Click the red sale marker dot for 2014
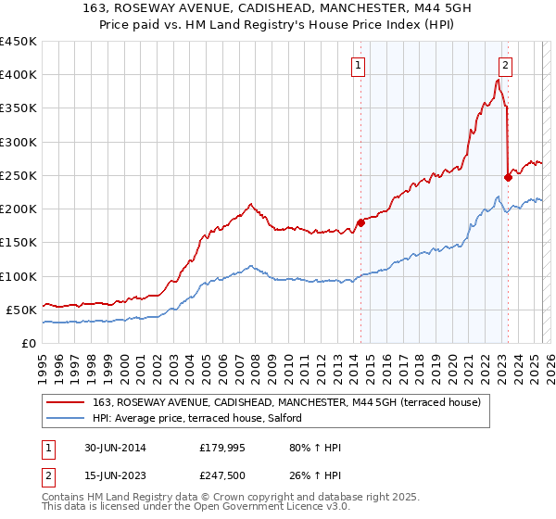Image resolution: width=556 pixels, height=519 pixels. click(x=360, y=222)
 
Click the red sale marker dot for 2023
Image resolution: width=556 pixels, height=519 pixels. click(x=508, y=177)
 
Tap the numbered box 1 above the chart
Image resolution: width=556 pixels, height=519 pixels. click(x=358, y=65)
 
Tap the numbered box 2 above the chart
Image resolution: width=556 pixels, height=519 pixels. click(x=505, y=65)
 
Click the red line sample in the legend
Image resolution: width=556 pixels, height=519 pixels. click(x=65, y=402)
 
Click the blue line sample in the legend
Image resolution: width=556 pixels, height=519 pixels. click(x=65, y=418)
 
